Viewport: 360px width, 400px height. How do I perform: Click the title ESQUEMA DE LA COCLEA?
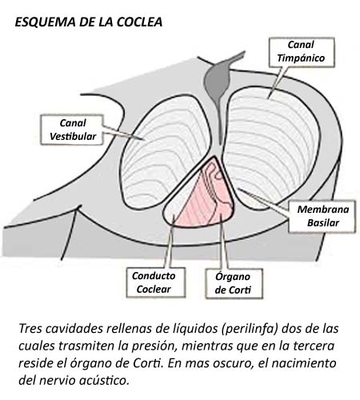[89, 22]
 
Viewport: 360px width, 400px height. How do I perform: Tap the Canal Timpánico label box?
[302, 52]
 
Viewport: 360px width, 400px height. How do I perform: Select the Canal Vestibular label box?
[72, 130]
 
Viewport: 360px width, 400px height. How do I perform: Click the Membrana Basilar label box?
[322, 216]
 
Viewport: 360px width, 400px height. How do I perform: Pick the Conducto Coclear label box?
[156, 282]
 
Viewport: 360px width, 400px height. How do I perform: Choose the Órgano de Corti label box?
[234, 283]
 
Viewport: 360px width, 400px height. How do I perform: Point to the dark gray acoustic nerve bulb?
[217, 80]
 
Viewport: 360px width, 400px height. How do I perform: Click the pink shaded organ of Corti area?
[206, 202]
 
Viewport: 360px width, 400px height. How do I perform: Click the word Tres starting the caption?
[30, 329]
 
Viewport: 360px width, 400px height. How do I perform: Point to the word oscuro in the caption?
[232, 363]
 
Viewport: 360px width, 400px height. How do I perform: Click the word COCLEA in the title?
[139, 22]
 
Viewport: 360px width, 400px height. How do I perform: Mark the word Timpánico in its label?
[301, 58]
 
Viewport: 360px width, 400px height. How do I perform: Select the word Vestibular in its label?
[73, 136]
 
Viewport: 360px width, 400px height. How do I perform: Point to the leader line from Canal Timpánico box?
[278, 82]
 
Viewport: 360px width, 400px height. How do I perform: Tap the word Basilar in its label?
[323, 223]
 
